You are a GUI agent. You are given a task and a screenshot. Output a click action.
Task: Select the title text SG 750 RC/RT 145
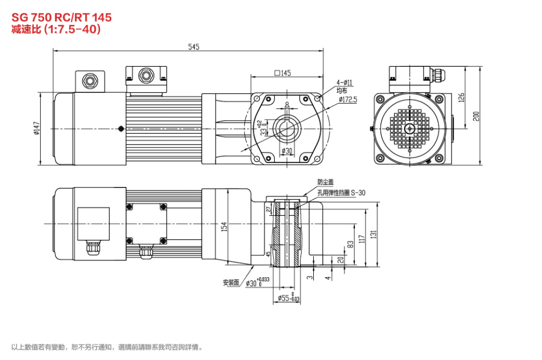pos(61,17)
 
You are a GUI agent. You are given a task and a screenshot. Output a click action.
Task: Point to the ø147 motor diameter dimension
pos(37,129)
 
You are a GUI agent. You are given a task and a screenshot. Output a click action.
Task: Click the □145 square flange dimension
pos(283,73)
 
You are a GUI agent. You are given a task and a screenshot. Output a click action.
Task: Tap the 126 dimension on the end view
pos(461,97)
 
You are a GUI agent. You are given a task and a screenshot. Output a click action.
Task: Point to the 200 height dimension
pos(476,116)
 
